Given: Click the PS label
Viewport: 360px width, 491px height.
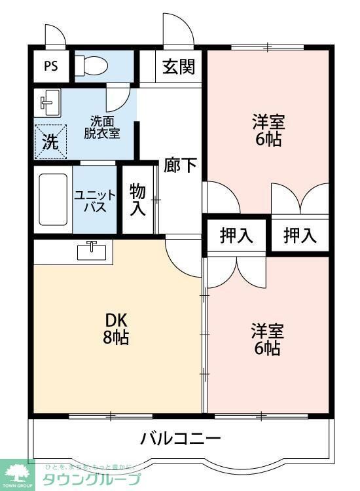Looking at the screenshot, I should pyautogui.click(x=51, y=67).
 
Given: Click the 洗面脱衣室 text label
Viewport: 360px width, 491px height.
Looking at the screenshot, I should pyautogui.click(x=104, y=127).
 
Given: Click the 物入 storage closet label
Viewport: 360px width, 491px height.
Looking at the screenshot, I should pyautogui.click(x=137, y=200).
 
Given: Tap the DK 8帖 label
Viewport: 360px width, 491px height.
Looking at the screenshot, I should pyautogui.click(x=116, y=329).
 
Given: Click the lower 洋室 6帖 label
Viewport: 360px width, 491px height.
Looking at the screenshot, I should pyautogui.click(x=268, y=338).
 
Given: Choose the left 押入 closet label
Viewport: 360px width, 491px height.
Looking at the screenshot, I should pyautogui.click(x=236, y=236).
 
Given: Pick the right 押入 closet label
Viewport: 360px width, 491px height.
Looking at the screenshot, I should pyautogui.click(x=299, y=236).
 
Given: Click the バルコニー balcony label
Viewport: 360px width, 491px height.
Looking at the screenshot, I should pyautogui.click(x=180, y=439).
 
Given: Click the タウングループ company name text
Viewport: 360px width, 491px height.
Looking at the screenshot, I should pyautogui.click(x=91, y=479).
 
